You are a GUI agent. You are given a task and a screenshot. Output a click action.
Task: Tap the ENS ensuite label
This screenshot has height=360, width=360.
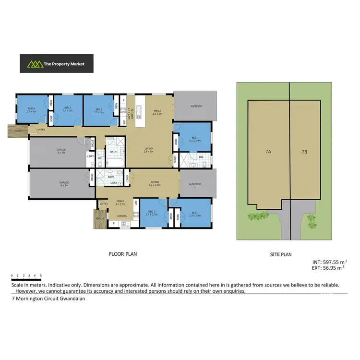(201, 157)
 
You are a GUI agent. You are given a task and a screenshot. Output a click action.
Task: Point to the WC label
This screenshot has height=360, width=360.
(99, 159)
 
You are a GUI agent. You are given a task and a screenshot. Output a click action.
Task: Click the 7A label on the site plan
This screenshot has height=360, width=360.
(268, 152)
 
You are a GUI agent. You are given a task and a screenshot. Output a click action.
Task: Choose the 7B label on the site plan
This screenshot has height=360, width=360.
(304, 152)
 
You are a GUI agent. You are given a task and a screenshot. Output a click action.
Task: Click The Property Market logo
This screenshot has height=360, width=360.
(56, 63)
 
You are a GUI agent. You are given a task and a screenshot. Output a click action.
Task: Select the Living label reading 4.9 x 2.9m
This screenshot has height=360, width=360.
(155, 183)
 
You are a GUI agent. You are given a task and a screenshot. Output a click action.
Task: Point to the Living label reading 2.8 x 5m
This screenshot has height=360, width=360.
(149, 150)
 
